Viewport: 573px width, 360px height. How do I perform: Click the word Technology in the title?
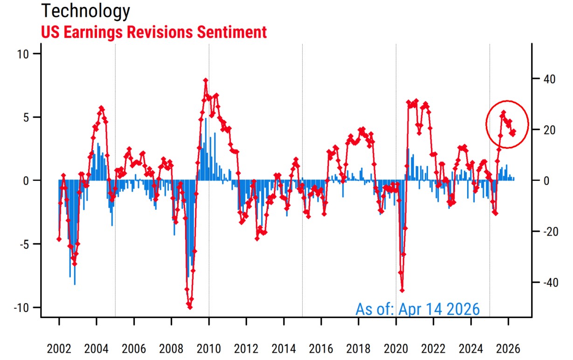tap(85, 11)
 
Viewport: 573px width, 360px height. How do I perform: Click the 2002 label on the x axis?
tap(59, 349)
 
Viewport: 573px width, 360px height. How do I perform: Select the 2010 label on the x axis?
tap(209, 349)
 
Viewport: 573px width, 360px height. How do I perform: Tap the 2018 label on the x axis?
tap(359, 349)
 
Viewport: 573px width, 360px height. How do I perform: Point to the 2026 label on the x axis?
tap(508, 349)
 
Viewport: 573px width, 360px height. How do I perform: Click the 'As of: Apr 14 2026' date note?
tap(417, 309)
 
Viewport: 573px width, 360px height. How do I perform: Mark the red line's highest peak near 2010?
tap(205, 80)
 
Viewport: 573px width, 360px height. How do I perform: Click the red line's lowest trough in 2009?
tap(189, 307)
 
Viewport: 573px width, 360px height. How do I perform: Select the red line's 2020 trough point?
tap(402, 290)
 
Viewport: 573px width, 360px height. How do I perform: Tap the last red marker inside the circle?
tap(513, 132)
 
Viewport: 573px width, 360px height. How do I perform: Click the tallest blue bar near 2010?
tap(206, 119)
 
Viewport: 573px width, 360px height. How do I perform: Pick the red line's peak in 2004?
tap(101, 108)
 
